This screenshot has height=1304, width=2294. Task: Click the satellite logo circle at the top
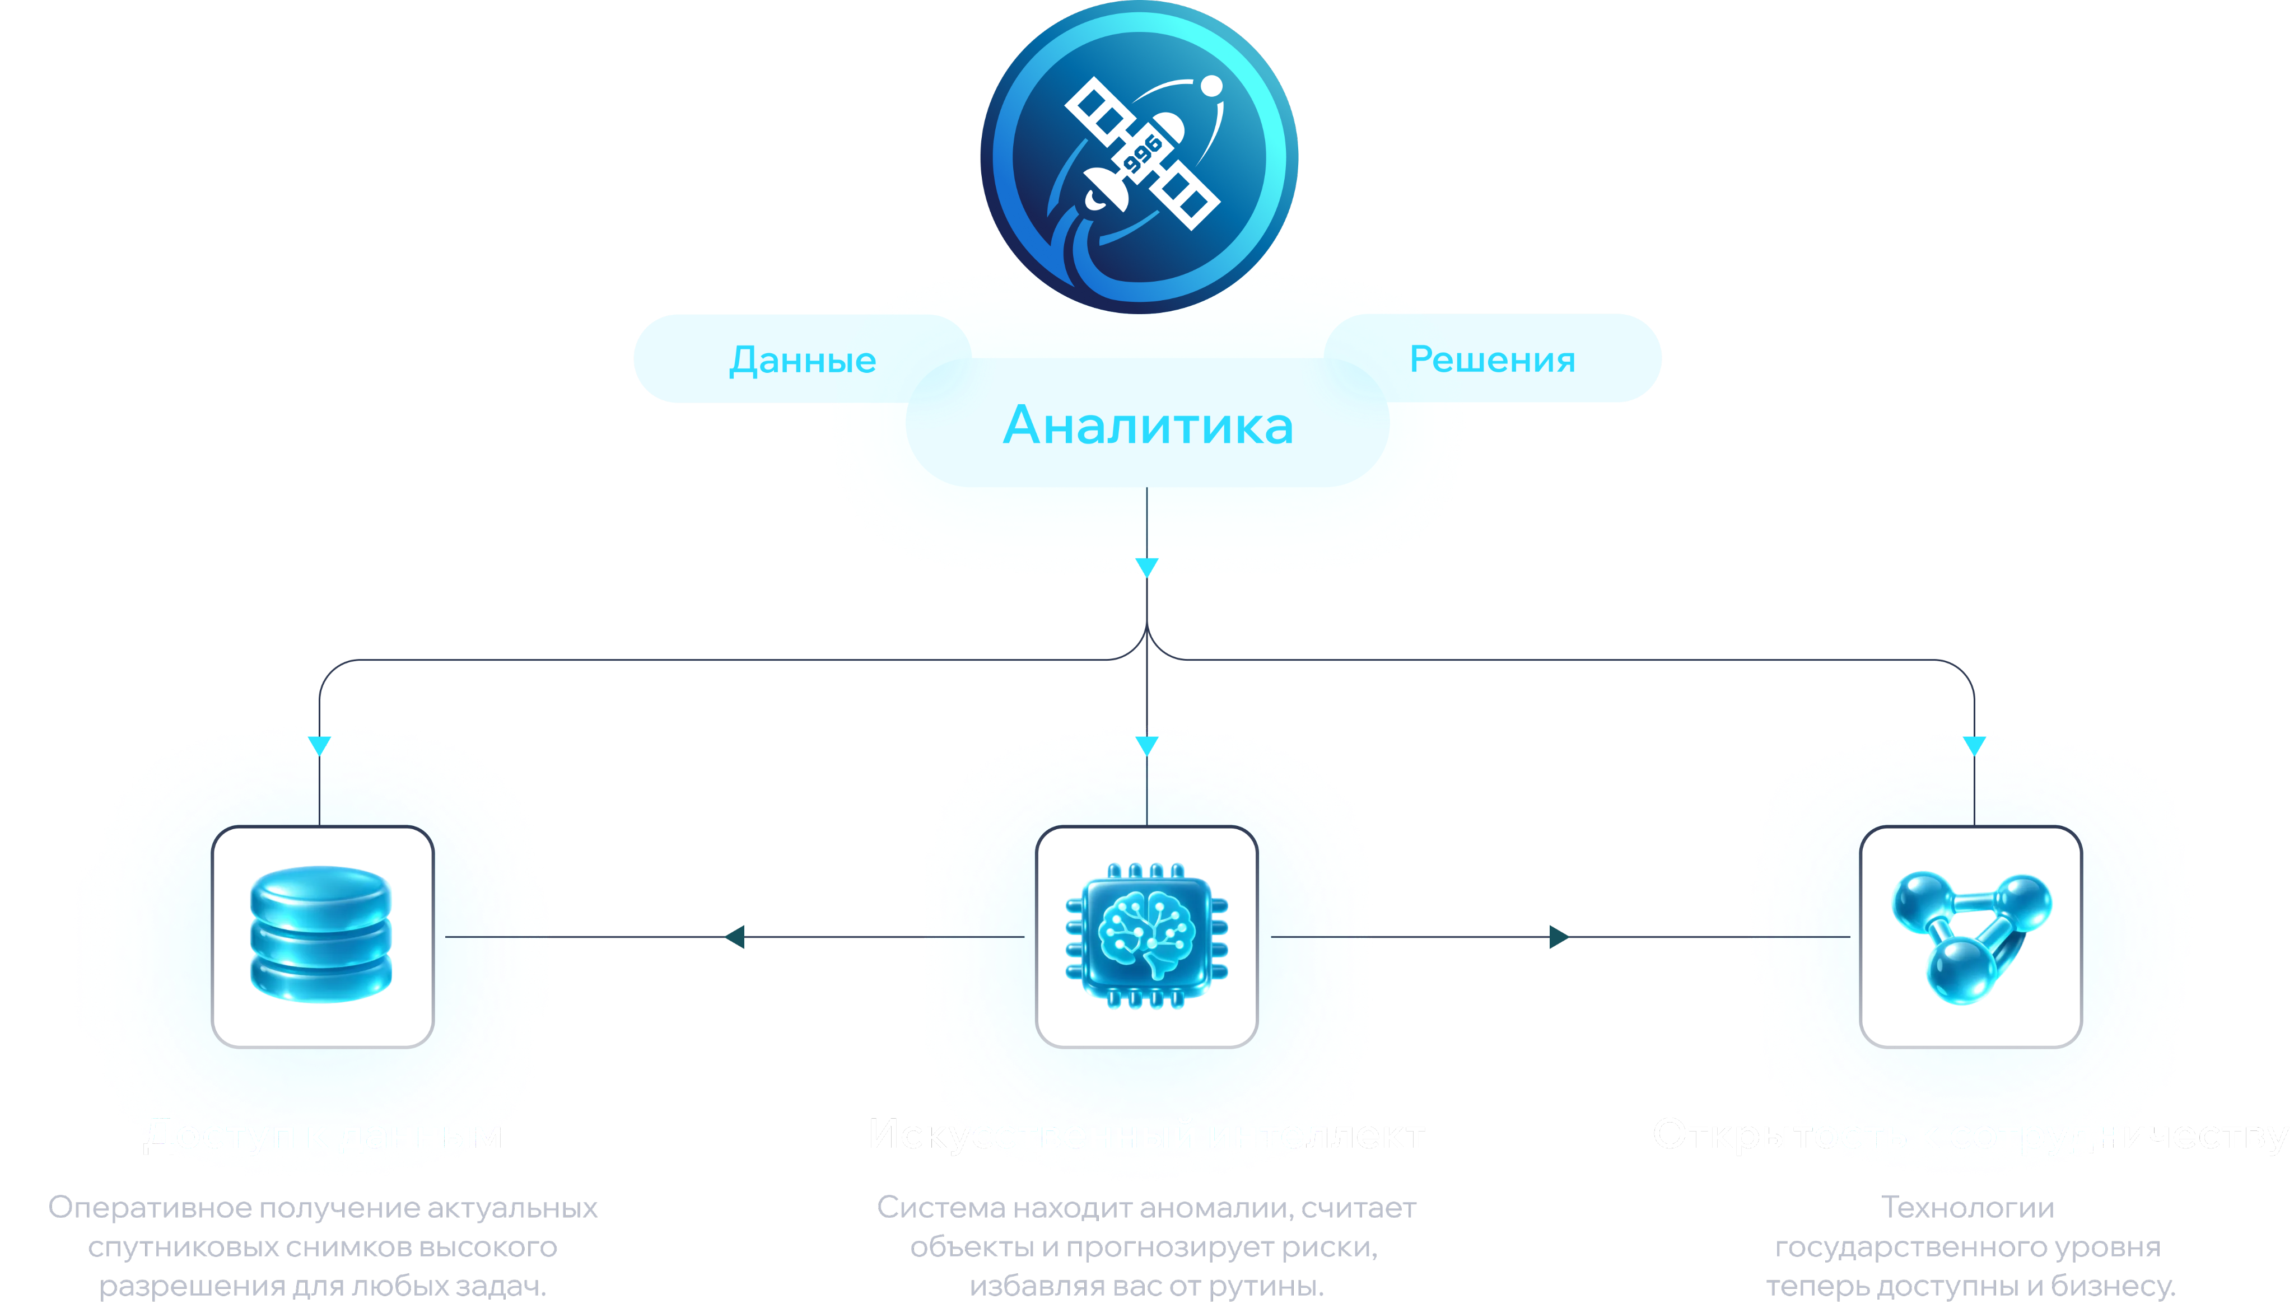point(1139,157)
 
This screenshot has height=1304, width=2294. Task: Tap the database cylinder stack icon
point(321,933)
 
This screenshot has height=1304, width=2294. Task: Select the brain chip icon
point(1146,936)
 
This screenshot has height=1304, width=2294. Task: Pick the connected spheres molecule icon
point(1971,936)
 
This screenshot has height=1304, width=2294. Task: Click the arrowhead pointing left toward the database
point(734,937)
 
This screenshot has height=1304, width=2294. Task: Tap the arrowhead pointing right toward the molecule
point(1560,937)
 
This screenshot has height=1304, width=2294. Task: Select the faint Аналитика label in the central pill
point(1148,424)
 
